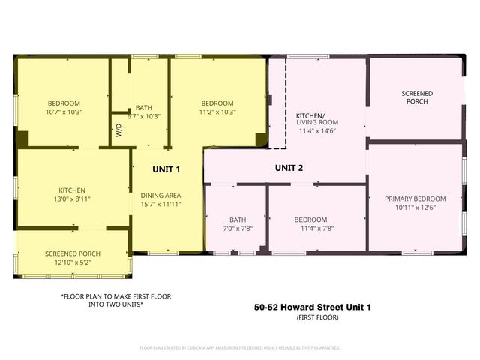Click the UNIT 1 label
click(166, 169)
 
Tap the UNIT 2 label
click(289, 167)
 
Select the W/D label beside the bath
click(118, 129)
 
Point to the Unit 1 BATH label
click(144, 107)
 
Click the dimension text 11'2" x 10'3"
click(217, 112)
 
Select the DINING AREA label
click(160, 196)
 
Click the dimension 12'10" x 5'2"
click(72, 262)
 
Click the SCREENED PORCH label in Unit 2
click(416, 97)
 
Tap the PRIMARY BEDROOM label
click(415, 199)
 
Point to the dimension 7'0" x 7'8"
click(238, 228)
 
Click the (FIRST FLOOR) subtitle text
click(312, 318)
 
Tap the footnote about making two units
click(115, 301)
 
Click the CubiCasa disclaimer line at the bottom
click(240, 348)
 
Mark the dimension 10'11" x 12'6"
click(415, 208)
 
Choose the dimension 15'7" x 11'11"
click(160, 204)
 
